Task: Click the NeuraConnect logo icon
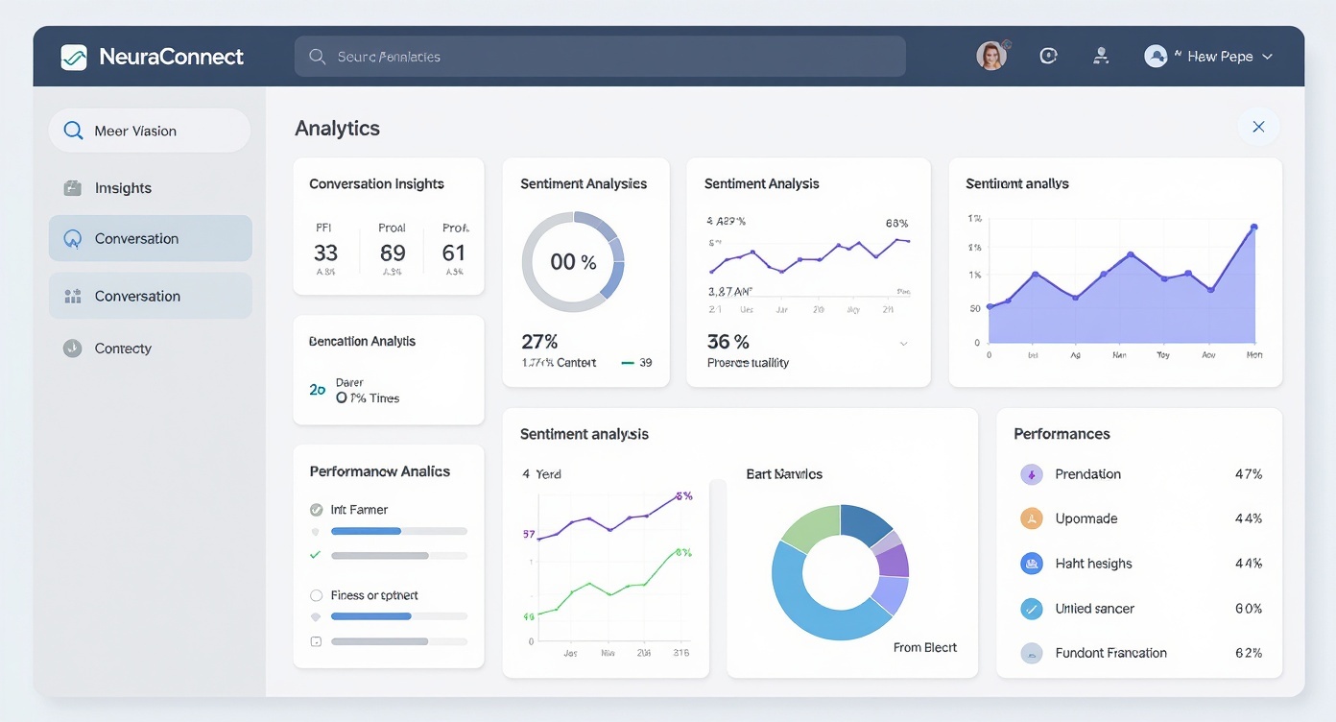pos(74,57)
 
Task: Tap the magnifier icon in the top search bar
pos(317,57)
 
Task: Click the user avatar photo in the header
pos(991,56)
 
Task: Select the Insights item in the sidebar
pos(123,188)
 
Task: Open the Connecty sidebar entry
pos(123,349)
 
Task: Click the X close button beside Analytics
pos(1258,127)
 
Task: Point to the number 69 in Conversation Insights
pos(393,253)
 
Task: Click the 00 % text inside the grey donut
pos(573,262)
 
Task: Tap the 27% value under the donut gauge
pos(539,342)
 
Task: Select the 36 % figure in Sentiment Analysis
pos(728,342)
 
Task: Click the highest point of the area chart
pos(1253,228)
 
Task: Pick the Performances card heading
pos(1062,434)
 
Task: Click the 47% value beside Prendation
pos(1248,474)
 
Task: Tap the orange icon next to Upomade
pos(1031,518)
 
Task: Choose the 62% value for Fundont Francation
pos(1248,653)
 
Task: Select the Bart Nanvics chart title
pos(784,474)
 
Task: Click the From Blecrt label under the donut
pos(925,647)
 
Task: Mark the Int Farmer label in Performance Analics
pos(359,510)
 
